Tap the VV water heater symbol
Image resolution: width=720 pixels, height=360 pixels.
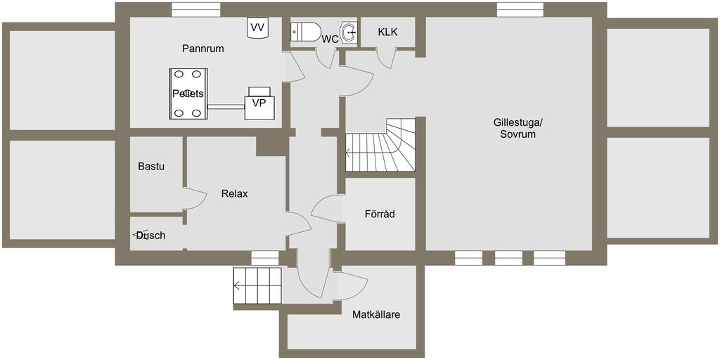[258, 28]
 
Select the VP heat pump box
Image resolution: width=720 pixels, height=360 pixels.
[259, 103]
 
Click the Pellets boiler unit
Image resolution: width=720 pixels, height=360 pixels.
[188, 94]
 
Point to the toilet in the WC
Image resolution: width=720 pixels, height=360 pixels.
[307, 32]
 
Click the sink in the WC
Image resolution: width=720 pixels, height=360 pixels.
[347, 32]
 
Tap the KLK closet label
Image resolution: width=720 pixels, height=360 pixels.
[387, 32]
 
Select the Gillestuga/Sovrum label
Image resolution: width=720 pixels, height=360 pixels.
[518, 128]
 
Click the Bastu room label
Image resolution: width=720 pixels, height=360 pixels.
[151, 167]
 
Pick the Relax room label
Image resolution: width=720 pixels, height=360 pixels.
[234, 194]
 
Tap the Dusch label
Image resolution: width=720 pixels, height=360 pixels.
[150, 236]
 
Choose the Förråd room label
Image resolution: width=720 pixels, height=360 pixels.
[380, 214]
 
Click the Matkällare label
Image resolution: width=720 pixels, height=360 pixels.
[376, 314]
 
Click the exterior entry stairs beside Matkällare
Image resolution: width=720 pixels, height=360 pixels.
[257, 285]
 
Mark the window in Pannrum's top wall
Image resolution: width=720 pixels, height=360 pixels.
[193, 10]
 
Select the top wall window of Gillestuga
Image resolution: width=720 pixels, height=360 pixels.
[520, 9]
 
